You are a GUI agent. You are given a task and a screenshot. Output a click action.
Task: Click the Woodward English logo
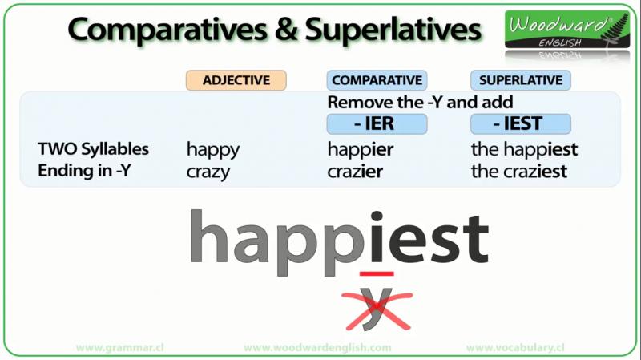pyautogui.click(x=567, y=30)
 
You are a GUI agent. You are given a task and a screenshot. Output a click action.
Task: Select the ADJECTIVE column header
pyautogui.click(x=236, y=80)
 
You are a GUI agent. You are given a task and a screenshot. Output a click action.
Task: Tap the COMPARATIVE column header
pyautogui.click(x=377, y=80)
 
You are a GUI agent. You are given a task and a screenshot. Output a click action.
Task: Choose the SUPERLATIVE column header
pyautogui.click(x=521, y=80)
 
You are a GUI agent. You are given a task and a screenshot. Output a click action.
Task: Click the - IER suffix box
pyautogui.click(x=377, y=123)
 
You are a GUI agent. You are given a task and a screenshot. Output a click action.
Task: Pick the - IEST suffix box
pyautogui.click(x=521, y=123)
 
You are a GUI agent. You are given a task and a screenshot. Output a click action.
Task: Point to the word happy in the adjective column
pyautogui.click(x=213, y=151)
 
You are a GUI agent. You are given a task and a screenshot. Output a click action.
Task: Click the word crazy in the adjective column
pyautogui.click(x=208, y=172)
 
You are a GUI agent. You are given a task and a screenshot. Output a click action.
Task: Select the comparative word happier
pyautogui.click(x=360, y=150)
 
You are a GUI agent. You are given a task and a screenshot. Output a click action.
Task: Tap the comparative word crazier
pyautogui.click(x=355, y=172)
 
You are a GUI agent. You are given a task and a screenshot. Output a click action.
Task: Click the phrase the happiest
pyautogui.click(x=525, y=150)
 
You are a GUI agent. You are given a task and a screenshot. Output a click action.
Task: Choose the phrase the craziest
pyautogui.click(x=519, y=172)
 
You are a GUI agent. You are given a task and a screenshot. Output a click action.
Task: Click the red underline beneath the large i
pyautogui.click(x=377, y=273)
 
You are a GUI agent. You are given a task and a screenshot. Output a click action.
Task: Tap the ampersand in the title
pyautogui.click(x=286, y=30)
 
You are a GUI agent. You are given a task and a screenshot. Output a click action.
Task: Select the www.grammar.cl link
pyautogui.click(x=119, y=348)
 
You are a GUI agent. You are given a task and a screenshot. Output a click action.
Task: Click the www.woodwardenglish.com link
pyautogui.click(x=317, y=348)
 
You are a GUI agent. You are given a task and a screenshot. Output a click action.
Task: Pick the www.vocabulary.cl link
pyautogui.click(x=515, y=348)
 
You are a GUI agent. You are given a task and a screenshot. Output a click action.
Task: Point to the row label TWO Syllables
pyautogui.click(x=93, y=150)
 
